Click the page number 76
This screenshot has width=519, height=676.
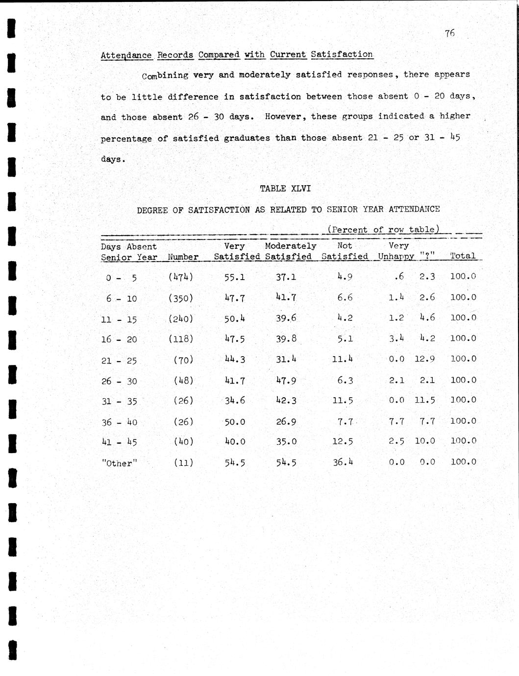[450, 33]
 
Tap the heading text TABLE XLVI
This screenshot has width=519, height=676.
[285, 189]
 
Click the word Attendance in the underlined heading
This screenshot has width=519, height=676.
[126, 55]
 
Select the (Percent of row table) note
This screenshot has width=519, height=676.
[383, 229]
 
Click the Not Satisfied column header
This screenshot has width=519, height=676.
[345, 251]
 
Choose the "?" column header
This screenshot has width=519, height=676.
[427, 256]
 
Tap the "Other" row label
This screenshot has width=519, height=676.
[119, 463]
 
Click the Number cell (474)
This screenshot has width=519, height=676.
[181, 277]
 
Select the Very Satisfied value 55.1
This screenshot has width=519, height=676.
[235, 277]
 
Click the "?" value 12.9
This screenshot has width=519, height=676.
[424, 359]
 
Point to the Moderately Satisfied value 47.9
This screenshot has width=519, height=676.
[286, 380]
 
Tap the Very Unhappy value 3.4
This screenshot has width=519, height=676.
[396, 338]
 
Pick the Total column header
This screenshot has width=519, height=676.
[463, 256]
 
